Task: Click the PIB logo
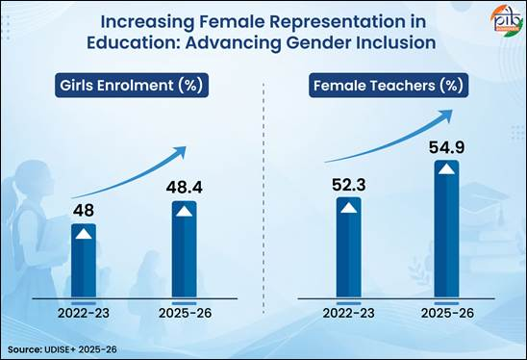pyautogui.click(x=507, y=18)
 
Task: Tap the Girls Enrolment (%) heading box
pyautogui.click(x=132, y=85)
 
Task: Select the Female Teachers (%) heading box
pyautogui.click(x=389, y=85)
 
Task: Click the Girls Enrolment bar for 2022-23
pyautogui.click(x=84, y=261)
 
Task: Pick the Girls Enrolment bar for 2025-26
pyautogui.click(x=185, y=249)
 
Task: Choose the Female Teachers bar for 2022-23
pyautogui.click(x=348, y=247)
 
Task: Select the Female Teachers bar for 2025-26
pyautogui.click(x=446, y=229)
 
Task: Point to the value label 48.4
pyautogui.click(x=185, y=188)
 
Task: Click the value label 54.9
pyautogui.click(x=446, y=147)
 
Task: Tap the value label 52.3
pyautogui.click(x=348, y=185)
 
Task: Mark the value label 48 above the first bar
pyautogui.click(x=84, y=211)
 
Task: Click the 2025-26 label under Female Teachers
pyautogui.click(x=447, y=313)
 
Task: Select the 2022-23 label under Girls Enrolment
pyautogui.click(x=84, y=313)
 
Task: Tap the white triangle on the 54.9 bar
pyautogui.click(x=446, y=168)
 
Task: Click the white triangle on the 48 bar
pyautogui.click(x=84, y=234)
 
